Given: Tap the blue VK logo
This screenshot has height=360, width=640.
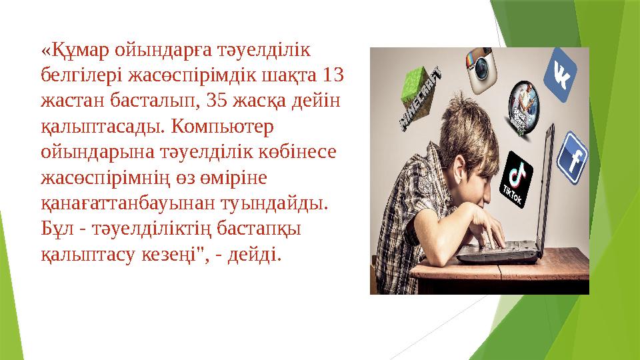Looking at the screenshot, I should pos(560,77).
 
